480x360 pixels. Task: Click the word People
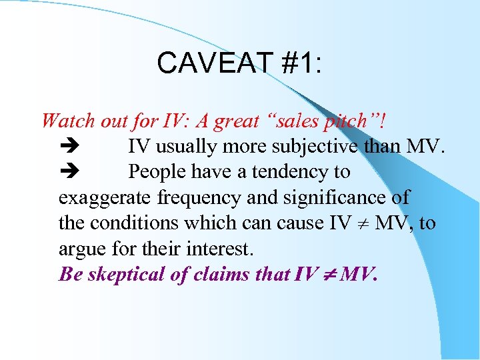click(158, 171)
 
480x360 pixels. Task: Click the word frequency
click(193, 197)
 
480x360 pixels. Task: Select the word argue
click(79, 249)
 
